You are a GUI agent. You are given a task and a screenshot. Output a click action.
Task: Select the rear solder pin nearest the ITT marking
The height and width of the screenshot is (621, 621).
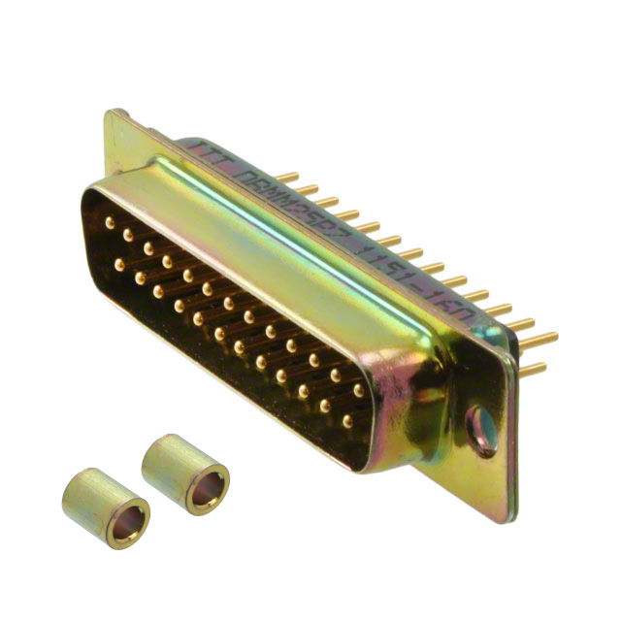point(288,179)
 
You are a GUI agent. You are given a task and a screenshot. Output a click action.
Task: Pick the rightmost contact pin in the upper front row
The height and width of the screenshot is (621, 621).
point(359,390)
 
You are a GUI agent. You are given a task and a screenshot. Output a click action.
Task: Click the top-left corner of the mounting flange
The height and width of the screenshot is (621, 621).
point(110,114)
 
